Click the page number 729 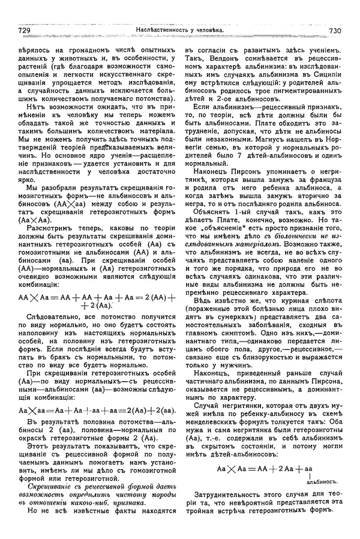(x=26, y=31)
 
